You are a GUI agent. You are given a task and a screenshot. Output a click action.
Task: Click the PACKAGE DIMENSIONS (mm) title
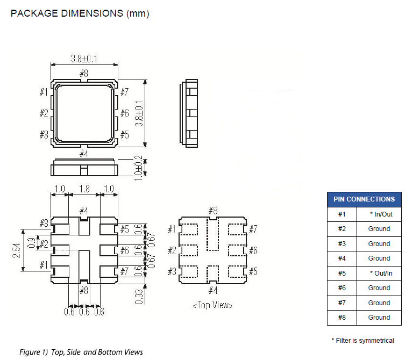click(x=80, y=13)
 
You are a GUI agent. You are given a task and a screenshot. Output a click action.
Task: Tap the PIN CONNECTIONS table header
click(x=364, y=199)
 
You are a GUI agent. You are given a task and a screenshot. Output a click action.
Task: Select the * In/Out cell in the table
click(x=379, y=214)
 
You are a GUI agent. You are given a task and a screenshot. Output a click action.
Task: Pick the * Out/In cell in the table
click(x=379, y=273)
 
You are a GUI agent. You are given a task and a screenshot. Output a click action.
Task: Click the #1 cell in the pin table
click(x=342, y=214)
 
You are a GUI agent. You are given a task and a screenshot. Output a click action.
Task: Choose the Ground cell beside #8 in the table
click(x=379, y=317)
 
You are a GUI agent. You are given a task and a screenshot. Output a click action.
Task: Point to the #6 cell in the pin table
click(x=342, y=287)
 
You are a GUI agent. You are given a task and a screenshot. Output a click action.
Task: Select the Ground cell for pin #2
click(x=379, y=228)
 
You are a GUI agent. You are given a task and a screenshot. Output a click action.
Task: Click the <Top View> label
click(x=212, y=305)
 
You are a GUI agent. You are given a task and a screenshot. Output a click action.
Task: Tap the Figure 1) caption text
click(x=81, y=352)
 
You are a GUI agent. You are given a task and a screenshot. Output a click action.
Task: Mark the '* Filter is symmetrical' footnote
click(x=362, y=340)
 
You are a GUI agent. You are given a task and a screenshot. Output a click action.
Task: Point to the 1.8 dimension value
click(x=84, y=189)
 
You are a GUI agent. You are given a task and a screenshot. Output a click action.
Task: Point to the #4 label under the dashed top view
click(x=212, y=291)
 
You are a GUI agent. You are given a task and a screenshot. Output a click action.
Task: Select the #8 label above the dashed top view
click(x=212, y=210)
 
